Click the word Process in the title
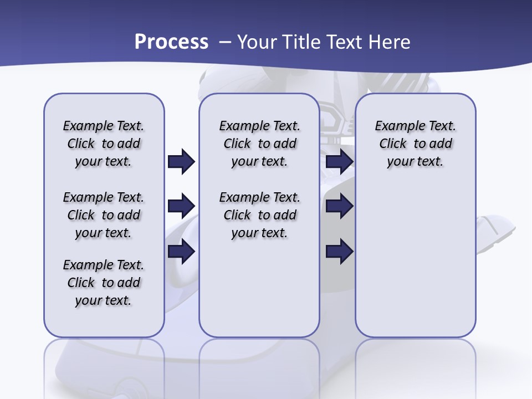(x=171, y=42)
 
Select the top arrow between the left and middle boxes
(x=181, y=162)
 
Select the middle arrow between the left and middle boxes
(x=181, y=207)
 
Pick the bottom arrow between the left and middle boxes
(x=181, y=252)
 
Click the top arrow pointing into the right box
(x=339, y=162)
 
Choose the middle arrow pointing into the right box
(x=339, y=207)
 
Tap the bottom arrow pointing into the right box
(x=339, y=252)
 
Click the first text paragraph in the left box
(x=104, y=144)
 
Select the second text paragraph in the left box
(x=104, y=215)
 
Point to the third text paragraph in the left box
(x=104, y=283)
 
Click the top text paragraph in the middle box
(x=259, y=144)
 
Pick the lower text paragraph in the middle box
(x=259, y=215)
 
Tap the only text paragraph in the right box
(x=416, y=144)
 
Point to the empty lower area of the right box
(x=416, y=266)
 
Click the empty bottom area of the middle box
(x=259, y=294)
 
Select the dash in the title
(x=225, y=42)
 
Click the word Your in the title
(x=258, y=42)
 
